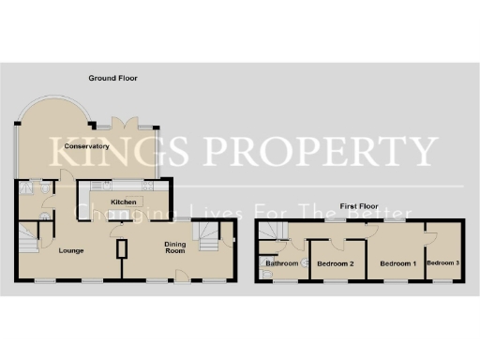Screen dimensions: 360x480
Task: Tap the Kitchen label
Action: point(125,202)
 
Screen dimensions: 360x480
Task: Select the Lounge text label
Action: point(71,250)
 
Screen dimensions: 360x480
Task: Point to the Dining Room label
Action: point(175,247)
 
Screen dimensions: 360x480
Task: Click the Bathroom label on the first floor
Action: point(281,263)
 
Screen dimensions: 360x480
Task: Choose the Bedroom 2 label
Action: point(335,263)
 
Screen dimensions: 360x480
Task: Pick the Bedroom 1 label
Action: point(397,263)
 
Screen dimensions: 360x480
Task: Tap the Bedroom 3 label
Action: point(443,263)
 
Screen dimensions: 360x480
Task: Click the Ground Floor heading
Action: point(112,77)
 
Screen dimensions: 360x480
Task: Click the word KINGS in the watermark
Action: point(107,150)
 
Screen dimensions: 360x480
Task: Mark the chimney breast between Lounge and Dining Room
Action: point(122,249)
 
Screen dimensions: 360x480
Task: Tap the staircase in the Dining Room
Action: point(203,231)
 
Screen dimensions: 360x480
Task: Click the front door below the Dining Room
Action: point(185,274)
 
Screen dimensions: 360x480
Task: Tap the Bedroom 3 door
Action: point(427,232)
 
